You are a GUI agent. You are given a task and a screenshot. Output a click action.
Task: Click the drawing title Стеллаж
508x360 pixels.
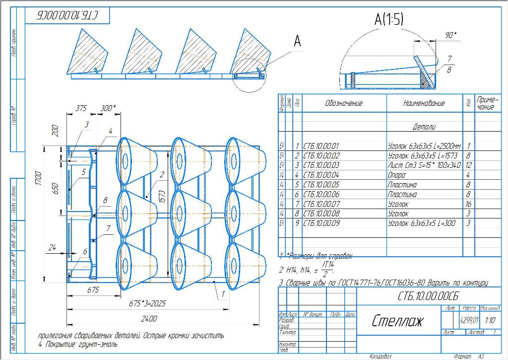[x=397, y=321]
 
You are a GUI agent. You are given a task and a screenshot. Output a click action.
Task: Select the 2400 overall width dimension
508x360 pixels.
[x=149, y=318]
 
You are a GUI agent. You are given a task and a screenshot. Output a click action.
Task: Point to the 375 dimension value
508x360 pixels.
[x=81, y=108]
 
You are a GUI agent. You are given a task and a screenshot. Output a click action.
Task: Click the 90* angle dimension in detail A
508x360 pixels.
[x=450, y=35]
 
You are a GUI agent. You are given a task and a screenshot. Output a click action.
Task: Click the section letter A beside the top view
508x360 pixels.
[x=297, y=42]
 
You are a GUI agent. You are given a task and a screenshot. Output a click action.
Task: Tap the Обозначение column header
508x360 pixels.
[x=344, y=103]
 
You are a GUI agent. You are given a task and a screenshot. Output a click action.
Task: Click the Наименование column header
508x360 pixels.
[x=424, y=103]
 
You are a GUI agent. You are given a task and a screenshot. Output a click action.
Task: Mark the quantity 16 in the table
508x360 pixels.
[x=468, y=204]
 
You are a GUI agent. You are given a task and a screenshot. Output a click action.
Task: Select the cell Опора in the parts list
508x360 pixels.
[x=397, y=175]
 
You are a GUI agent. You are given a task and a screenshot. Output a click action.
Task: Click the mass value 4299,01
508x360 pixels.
[x=469, y=320]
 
